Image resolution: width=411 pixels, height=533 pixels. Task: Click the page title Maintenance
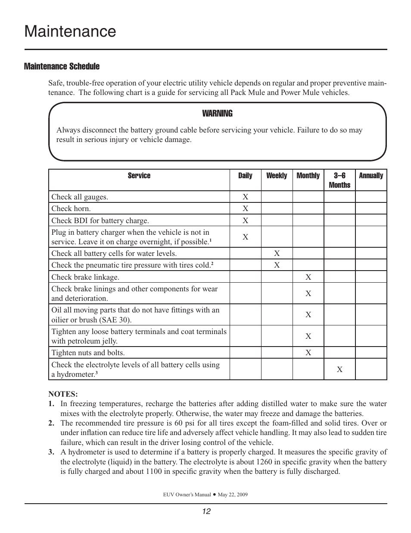click(x=70, y=32)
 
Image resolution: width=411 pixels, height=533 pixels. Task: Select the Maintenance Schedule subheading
click(x=62, y=66)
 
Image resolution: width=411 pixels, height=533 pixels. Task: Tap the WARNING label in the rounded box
click(x=217, y=114)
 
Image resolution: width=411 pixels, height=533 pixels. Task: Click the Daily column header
click(x=245, y=176)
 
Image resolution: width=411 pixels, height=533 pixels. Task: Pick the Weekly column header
click(x=277, y=176)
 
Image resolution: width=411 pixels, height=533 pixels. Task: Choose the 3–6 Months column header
click(x=339, y=180)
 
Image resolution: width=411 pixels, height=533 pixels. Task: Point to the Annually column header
click(x=371, y=176)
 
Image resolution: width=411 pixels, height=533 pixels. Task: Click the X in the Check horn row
click(x=245, y=208)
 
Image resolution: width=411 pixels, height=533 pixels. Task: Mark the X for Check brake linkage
click(x=308, y=277)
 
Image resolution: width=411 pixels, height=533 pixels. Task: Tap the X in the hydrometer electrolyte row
click(x=339, y=369)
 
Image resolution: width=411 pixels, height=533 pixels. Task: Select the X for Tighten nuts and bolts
click(x=308, y=353)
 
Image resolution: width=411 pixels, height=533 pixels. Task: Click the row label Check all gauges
click(x=80, y=197)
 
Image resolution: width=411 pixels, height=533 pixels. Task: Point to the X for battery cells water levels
click(x=277, y=253)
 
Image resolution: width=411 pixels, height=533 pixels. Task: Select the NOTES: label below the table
click(x=63, y=394)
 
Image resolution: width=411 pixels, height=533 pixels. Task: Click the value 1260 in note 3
click(x=262, y=462)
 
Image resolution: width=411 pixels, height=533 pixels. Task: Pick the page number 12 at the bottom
click(x=206, y=511)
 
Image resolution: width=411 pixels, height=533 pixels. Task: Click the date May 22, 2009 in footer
click(x=233, y=495)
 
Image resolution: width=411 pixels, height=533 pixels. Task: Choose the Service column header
click(x=139, y=176)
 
